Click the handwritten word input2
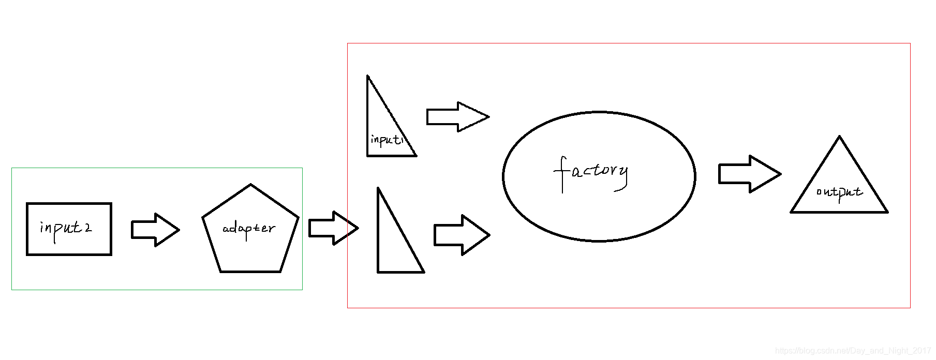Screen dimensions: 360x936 [66, 229]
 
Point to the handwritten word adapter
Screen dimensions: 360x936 [249, 229]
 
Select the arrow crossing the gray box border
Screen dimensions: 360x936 [333, 228]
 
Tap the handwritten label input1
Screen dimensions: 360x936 [386, 140]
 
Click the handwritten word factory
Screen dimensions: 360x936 [591, 172]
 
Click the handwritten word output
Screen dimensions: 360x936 [839, 192]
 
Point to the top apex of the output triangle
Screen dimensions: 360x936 [839, 138]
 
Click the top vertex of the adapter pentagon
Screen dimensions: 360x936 [250, 185]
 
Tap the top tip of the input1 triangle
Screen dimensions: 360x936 [368, 77]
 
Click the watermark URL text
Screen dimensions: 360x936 [853, 351]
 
